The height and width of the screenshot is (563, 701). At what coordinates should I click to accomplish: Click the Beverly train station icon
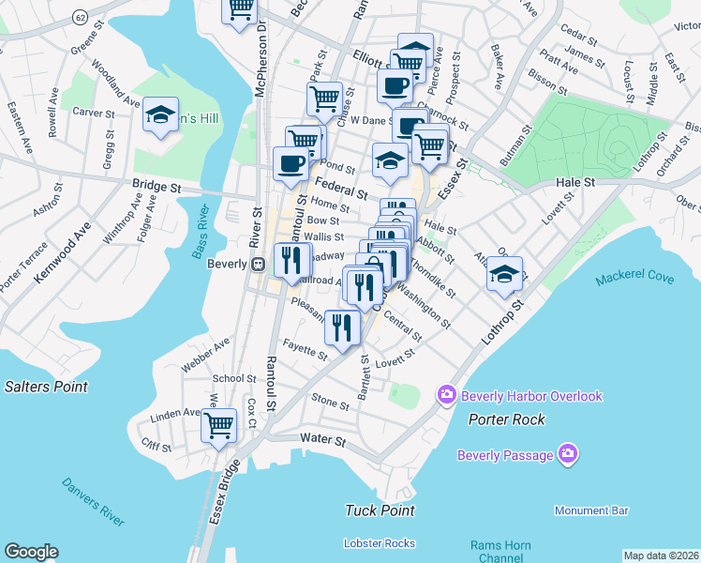(257, 265)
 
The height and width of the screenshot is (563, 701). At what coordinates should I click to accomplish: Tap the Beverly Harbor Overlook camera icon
(446, 396)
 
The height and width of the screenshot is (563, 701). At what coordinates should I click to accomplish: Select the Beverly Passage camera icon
(566, 456)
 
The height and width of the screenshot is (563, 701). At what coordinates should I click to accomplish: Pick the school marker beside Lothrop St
(505, 274)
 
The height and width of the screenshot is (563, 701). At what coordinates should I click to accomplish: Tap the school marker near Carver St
(161, 115)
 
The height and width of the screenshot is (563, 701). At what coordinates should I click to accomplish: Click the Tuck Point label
(380, 510)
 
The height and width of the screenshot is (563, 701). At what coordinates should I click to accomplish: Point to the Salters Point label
(46, 387)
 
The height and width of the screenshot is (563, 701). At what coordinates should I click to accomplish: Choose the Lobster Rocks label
(379, 543)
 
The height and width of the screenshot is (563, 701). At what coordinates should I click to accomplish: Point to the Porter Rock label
(507, 419)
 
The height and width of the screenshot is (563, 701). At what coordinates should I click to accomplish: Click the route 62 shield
(82, 17)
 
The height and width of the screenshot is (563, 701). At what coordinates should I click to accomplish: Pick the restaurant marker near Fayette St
(342, 327)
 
